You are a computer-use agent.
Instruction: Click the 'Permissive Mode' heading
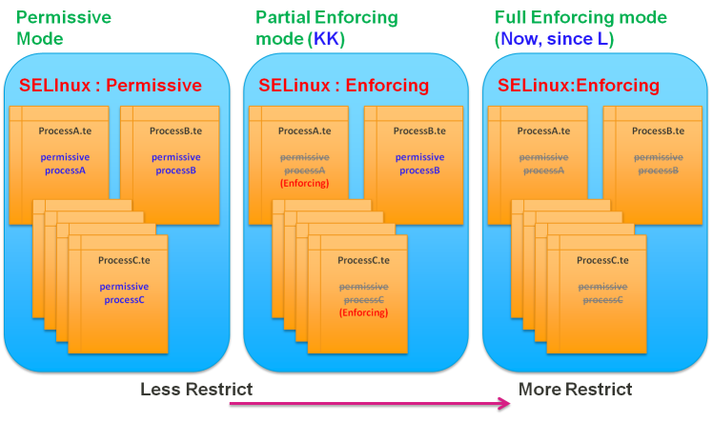pos(63,28)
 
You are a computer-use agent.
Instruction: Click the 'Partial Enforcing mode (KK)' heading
pos(326,28)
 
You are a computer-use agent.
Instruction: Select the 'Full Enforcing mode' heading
pos(580,18)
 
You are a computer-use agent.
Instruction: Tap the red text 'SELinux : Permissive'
pos(111,85)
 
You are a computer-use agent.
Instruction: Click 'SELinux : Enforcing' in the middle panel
pos(343,85)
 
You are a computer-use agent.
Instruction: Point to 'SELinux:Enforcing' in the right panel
pos(578,85)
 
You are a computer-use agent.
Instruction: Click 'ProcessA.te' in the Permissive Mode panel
pos(65,130)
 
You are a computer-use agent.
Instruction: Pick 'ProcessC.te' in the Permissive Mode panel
pos(124,259)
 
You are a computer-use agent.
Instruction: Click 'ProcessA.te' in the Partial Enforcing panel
pos(304,130)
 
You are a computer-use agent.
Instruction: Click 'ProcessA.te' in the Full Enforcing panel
pos(543,130)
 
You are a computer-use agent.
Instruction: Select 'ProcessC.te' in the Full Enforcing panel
pos(602,259)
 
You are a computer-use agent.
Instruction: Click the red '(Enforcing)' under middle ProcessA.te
pos(304,183)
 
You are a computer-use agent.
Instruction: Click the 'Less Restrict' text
pos(196,389)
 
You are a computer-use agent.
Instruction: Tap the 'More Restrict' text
pos(575,389)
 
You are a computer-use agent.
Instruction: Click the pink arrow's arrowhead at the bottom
pos(506,403)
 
